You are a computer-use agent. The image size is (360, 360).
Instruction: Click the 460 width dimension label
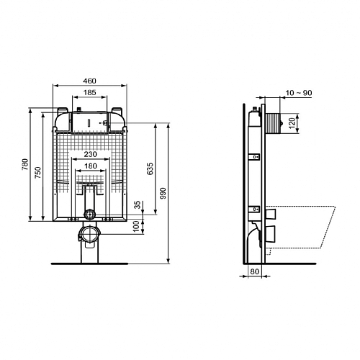89,81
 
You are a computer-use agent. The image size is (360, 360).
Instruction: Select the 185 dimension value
90,92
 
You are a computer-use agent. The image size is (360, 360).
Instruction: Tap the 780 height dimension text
25,164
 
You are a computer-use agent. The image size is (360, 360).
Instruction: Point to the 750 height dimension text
37,172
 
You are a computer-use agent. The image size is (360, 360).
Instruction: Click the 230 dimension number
91,154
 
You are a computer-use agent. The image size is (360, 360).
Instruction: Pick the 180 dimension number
91,166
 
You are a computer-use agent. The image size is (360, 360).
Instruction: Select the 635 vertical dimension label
150,168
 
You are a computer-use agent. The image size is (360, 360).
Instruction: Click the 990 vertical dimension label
163,194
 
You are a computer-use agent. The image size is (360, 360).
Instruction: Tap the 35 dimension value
137,204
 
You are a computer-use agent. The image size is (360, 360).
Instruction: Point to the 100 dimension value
136,226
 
